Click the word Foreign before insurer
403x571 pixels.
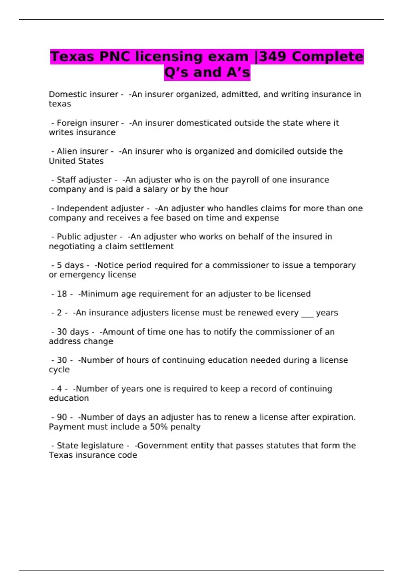(71, 123)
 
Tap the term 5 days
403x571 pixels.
(70, 265)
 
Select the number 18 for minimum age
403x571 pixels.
(62, 294)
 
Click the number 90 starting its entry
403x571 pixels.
(62, 417)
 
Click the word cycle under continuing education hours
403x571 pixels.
(59, 370)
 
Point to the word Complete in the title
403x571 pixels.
(327, 57)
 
